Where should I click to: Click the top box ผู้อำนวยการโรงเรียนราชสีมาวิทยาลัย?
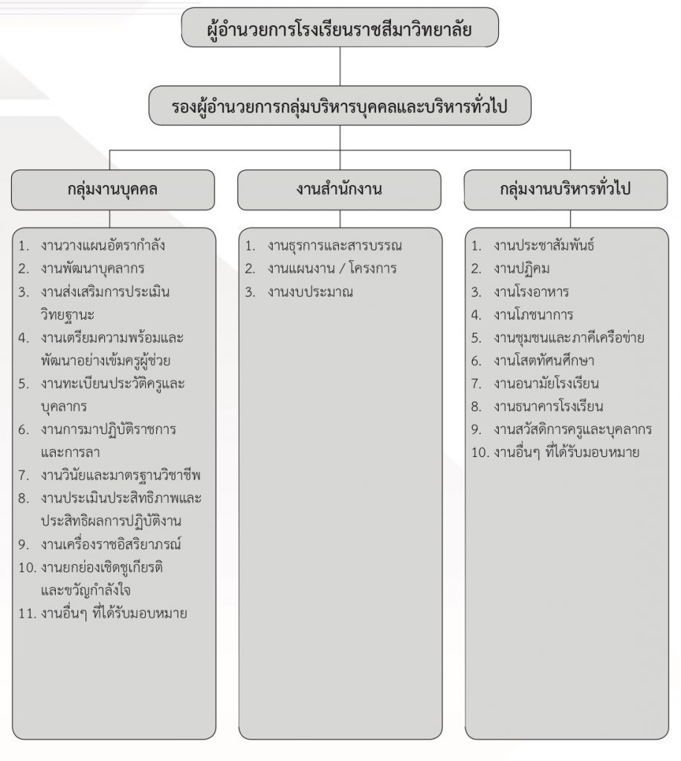coord(340,27)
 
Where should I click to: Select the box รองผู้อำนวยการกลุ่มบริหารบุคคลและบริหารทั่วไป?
coord(340,106)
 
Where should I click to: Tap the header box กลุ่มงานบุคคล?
coord(112,190)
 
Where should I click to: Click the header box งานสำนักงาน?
coord(339,190)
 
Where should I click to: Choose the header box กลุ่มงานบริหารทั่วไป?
coord(566,190)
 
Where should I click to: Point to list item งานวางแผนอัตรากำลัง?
coord(103,245)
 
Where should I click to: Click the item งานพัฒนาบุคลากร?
coord(93,268)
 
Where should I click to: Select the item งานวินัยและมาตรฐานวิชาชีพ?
coord(121,475)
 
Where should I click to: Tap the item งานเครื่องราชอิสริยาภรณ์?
coord(112,544)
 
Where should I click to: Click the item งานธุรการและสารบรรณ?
coord(335,245)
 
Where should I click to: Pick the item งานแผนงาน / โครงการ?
coord(332,268)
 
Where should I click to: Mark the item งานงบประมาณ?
coord(310,292)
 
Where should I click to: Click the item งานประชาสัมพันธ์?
coord(544,245)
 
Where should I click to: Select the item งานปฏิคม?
coord(522,268)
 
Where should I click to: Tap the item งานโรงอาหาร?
coord(532,291)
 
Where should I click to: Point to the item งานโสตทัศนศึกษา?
coord(544,360)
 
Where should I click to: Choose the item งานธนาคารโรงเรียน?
coord(549,407)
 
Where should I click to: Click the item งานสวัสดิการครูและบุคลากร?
coord(572,430)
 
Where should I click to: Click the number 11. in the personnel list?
coord(28,614)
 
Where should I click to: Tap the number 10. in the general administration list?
coord(480,453)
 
